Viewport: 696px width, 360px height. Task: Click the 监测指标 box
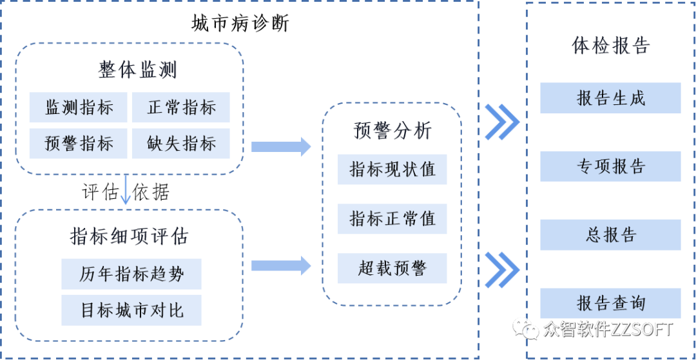click(x=79, y=108)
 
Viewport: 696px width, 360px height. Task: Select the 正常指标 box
click(x=180, y=108)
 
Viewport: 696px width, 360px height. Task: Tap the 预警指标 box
click(x=79, y=144)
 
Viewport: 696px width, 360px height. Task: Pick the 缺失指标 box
click(x=180, y=144)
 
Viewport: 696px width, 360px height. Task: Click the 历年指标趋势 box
click(x=131, y=274)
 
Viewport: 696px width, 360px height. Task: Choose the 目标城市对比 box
click(x=131, y=310)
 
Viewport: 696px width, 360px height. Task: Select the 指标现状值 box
click(x=392, y=169)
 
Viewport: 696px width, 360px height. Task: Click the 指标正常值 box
click(x=392, y=219)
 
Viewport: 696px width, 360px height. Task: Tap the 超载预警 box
click(x=392, y=269)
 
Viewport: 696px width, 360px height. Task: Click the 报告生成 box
click(x=610, y=99)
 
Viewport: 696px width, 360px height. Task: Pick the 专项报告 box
click(x=610, y=167)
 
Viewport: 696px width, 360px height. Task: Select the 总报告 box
click(x=610, y=235)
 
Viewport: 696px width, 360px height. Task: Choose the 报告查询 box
click(x=610, y=303)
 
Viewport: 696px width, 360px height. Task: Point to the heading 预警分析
click(x=392, y=131)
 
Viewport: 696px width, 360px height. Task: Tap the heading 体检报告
click(x=610, y=46)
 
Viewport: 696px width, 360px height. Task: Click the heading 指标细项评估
click(x=129, y=236)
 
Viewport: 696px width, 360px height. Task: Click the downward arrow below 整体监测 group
click(x=126, y=191)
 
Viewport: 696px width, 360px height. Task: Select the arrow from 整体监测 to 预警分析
click(x=281, y=147)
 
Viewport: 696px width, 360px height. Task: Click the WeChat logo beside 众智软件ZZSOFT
click(x=525, y=329)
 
